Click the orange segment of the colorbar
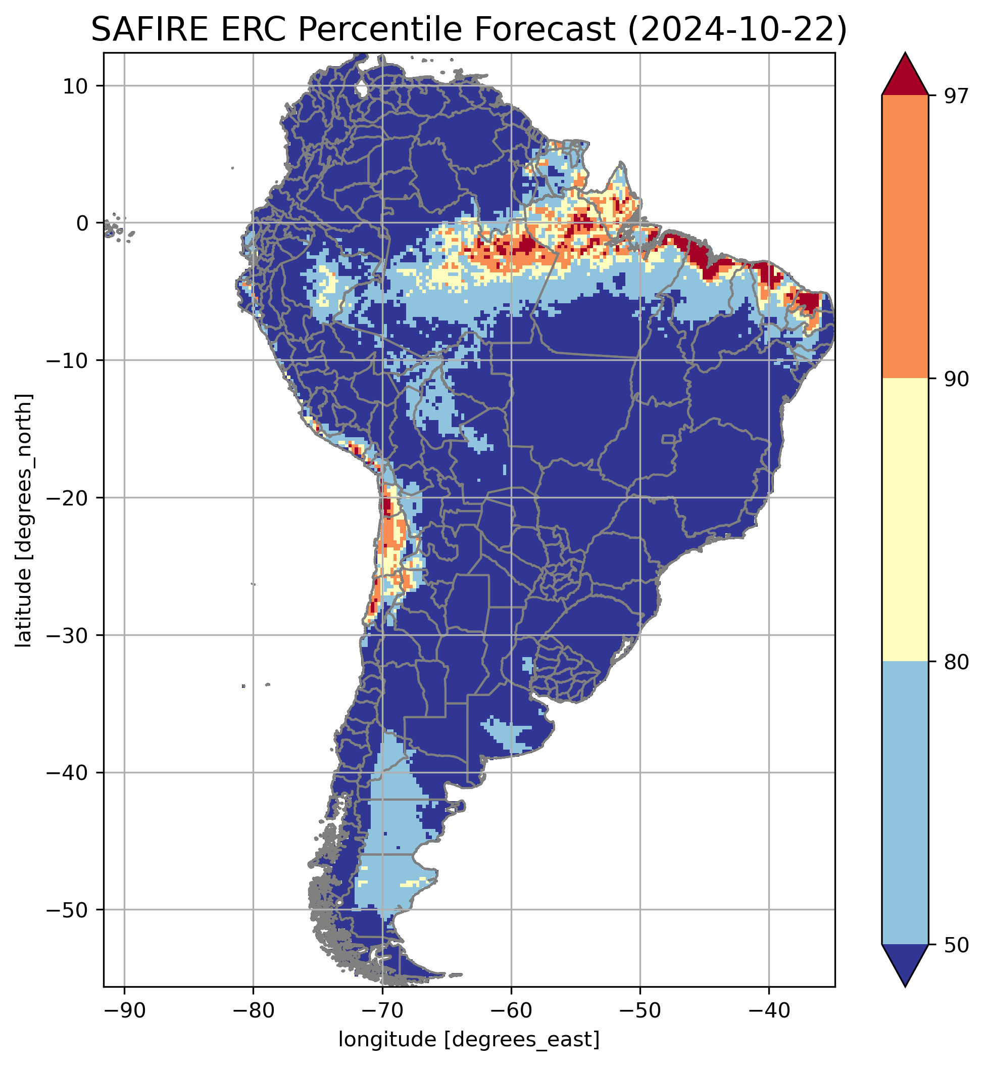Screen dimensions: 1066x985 tap(905, 237)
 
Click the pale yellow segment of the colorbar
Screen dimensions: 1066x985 tap(905, 520)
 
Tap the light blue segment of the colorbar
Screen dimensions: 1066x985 tap(905, 803)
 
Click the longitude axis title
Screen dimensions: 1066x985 tap(469, 1039)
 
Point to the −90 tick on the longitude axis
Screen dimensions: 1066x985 tap(124, 1010)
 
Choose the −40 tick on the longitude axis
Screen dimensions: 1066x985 tap(769, 1010)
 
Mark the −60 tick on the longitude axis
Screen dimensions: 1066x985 tap(511, 1010)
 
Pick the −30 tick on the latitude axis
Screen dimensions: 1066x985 tap(68, 635)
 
